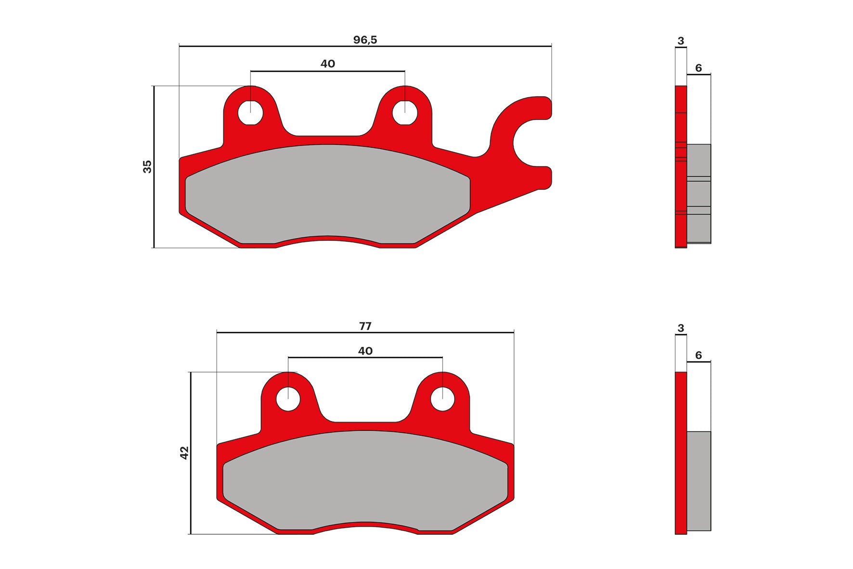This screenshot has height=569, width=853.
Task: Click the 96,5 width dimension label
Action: click(365, 40)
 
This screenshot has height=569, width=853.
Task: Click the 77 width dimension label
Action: click(365, 326)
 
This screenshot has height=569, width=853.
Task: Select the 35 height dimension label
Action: click(147, 167)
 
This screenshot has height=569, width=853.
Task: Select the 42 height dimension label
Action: click(184, 453)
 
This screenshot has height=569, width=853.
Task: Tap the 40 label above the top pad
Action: click(327, 64)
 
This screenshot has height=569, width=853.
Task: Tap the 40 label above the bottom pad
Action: click(365, 351)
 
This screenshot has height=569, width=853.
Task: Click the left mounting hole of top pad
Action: click(250, 112)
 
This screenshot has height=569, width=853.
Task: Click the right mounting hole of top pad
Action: click(404, 112)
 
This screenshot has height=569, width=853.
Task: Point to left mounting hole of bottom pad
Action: click(288, 399)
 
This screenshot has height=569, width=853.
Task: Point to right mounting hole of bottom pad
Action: click(442, 399)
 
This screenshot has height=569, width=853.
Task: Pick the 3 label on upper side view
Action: click(680, 41)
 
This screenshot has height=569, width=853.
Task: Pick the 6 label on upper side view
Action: click(698, 68)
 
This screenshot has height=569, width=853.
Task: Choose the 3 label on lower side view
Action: click(680, 328)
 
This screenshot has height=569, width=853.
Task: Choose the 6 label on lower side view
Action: click(698, 355)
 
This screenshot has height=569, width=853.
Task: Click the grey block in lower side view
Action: click(698, 481)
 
